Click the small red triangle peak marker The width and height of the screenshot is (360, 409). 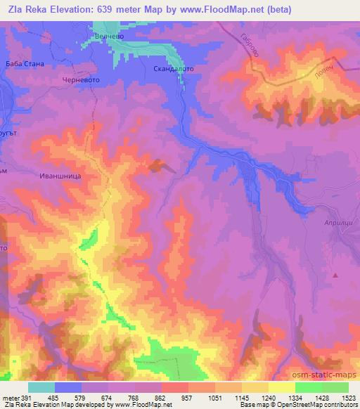point(335,275)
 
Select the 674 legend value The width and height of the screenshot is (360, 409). point(106,397)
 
